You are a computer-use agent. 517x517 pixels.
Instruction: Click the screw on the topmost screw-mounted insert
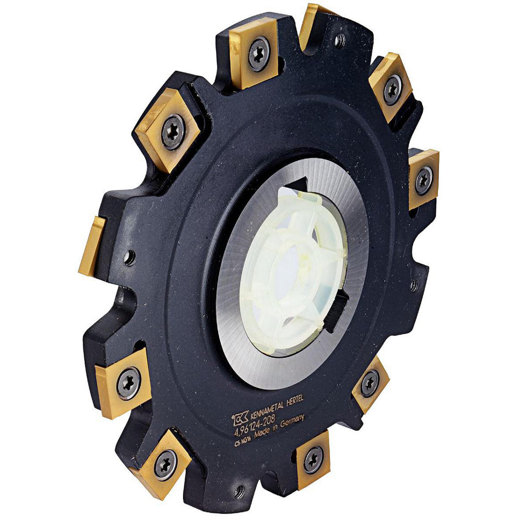click(x=258, y=53)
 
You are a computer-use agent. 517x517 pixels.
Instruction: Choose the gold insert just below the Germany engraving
click(x=313, y=458)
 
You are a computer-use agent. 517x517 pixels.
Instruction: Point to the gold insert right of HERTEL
click(x=370, y=384)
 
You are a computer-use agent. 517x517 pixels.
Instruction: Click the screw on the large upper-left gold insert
click(x=173, y=131)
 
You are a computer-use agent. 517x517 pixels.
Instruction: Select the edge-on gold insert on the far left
click(x=92, y=246)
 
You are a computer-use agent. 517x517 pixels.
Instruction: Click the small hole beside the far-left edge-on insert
click(x=129, y=255)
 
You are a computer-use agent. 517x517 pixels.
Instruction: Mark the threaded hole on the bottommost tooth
click(x=239, y=490)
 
